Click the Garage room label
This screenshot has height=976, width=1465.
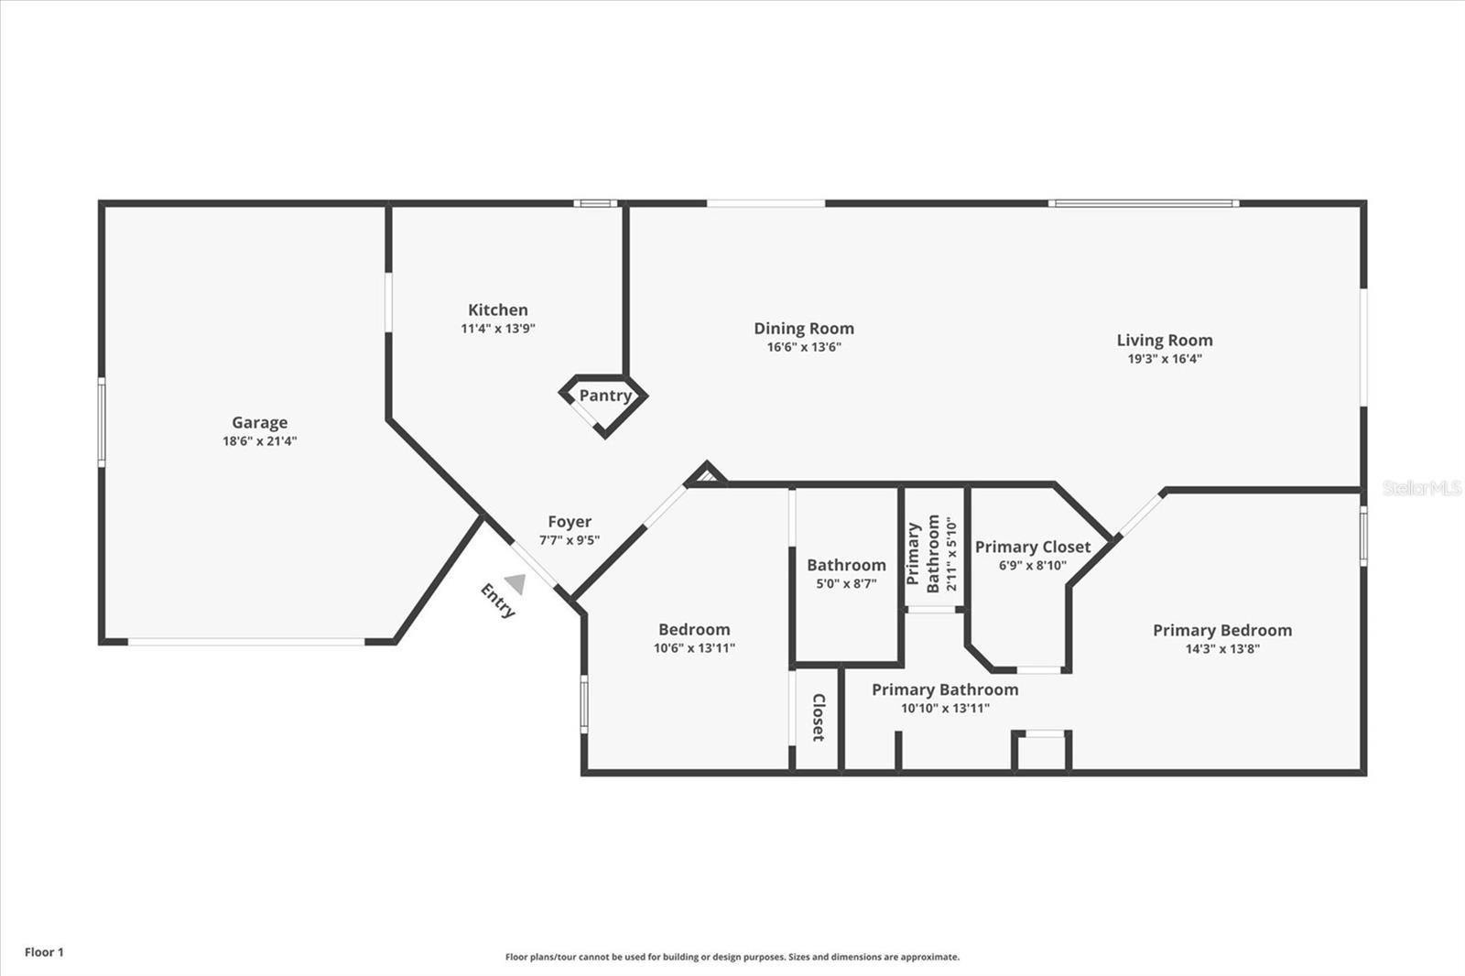point(260,423)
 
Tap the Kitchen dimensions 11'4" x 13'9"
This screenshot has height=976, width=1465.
point(498,329)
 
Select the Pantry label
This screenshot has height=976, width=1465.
point(605,396)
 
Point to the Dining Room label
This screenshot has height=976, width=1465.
point(804,329)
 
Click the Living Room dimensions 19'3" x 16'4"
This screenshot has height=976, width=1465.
point(1165,359)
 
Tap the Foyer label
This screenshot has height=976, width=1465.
point(570,521)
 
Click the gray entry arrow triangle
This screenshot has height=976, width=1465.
point(516,583)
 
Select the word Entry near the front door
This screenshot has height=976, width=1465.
point(498,601)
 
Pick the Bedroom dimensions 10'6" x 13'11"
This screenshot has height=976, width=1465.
point(694,648)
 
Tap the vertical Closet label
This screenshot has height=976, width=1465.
point(819,718)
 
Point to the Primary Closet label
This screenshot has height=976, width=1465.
point(1033,547)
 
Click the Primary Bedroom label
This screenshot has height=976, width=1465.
point(1222,630)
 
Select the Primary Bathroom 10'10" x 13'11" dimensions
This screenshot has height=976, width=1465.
point(945,708)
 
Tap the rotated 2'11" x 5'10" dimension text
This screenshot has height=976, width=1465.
point(951,554)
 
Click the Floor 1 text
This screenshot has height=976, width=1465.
point(45,952)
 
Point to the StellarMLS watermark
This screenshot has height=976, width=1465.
point(1422,488)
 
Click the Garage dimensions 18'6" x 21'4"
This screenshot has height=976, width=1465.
point(260,441)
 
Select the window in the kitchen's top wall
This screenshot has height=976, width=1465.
point(595,203)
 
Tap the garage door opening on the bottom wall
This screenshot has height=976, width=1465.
point(246,642)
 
